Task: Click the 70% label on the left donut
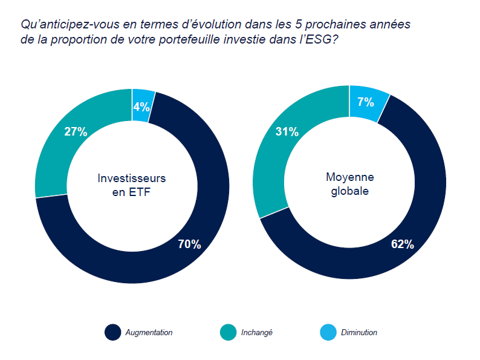(189, 244)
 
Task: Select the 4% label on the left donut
(141, 107)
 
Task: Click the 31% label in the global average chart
(287, 132)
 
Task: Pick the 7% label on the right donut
(365, 102)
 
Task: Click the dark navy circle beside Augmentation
(112, 332)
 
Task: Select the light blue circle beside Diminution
(326, 332)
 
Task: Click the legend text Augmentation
(149, 332)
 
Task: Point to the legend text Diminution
(358, 332)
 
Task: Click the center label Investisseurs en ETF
(132, 185)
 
